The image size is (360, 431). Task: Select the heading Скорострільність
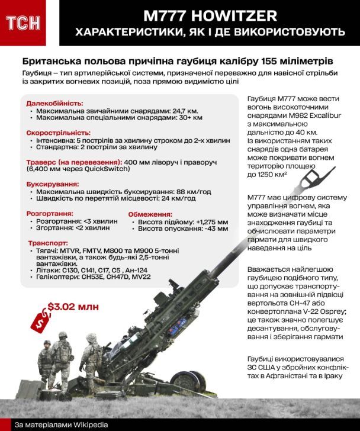[57, 134]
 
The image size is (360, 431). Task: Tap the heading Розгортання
[50, 213]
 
